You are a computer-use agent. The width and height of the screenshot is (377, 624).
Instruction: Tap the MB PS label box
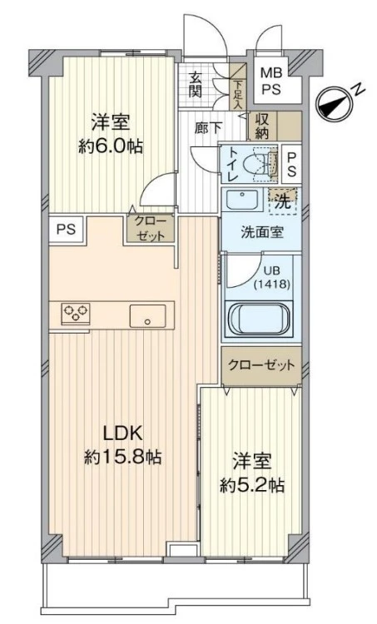[x=271, y=80]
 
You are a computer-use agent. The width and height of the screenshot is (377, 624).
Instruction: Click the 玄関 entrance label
[x=196, y=84]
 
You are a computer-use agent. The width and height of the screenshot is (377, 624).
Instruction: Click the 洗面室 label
[x=261, y=232]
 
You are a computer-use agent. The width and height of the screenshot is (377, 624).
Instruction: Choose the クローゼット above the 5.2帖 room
[x=261, y=365]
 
